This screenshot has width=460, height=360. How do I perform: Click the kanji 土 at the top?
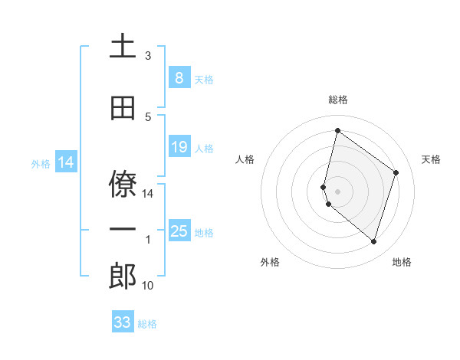click(x=123, y=46)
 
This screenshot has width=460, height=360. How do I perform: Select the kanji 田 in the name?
click(x=123, y=108)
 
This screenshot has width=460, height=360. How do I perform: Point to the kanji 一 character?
click(x=123, y=229)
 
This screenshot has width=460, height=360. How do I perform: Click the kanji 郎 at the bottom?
click(x=123, y=277)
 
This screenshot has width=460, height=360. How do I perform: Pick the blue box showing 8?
click(x=179, y=77)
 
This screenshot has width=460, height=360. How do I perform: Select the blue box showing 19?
click(x=179, y=146)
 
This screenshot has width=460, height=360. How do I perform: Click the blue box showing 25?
click(x=179, y=231)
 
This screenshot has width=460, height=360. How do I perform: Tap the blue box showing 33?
click(x=123, y=322)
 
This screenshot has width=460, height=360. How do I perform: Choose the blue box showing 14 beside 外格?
click(x=66, y=162)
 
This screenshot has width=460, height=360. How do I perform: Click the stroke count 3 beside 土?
click(x=148, y=56)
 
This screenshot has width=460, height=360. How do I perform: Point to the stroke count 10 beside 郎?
click(x=148, y=286)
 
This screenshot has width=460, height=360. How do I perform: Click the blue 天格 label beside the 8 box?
click(x=204, y=79)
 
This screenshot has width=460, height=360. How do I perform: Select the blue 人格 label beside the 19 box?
click(x=204, y=148)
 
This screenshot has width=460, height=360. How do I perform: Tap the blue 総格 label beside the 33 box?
click(x=148, y=324)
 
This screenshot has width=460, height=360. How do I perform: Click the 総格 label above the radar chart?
click(x=338, y=100)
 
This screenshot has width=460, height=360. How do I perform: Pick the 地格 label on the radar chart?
click(x=402, y=262)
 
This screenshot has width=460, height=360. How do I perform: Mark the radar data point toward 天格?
click(x=396, y=172)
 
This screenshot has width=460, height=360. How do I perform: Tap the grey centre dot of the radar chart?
click(x=338, y=190)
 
